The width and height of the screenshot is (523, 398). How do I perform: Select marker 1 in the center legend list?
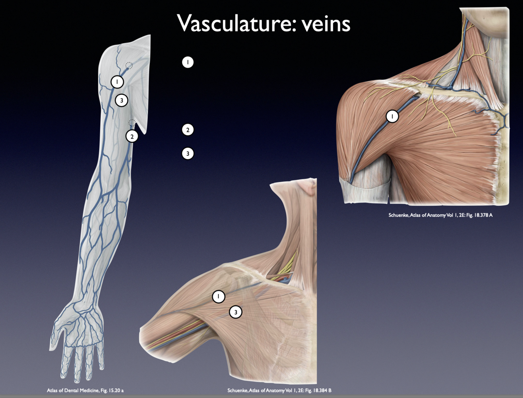188,62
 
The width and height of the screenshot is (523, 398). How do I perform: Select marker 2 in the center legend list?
188,130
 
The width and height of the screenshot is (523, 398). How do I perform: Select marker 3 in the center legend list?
188,153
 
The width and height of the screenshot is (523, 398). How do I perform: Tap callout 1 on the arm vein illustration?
117,82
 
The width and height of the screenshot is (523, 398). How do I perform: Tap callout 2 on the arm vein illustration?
132,136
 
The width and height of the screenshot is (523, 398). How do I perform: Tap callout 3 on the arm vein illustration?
122,100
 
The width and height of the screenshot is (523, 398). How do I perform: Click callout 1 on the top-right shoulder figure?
392,116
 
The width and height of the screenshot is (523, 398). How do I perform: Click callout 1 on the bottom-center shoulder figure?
218,296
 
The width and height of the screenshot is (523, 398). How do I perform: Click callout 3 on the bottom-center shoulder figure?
236,312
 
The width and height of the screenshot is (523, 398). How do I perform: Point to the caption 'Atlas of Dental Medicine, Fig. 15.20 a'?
85,390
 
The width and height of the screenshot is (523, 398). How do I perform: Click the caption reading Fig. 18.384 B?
279,390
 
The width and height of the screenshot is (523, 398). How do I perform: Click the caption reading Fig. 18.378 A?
440,215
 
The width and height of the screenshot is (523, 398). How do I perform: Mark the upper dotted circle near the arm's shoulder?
129,65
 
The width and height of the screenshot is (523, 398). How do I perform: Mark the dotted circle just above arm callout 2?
132,123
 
